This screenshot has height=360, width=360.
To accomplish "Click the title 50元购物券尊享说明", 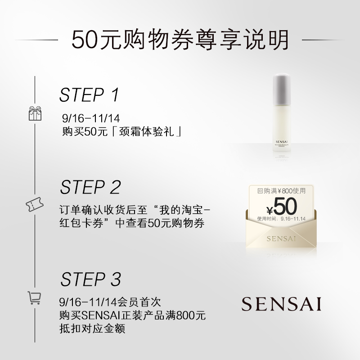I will point(180,40).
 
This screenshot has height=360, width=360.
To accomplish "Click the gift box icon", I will point(35,113).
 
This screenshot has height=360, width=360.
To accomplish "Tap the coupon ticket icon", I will point(35,205).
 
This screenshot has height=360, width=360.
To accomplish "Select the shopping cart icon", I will point(35,297).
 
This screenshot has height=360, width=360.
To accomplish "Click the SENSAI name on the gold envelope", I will point(282,238).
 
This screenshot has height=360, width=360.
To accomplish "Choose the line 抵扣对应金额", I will point(91,329).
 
